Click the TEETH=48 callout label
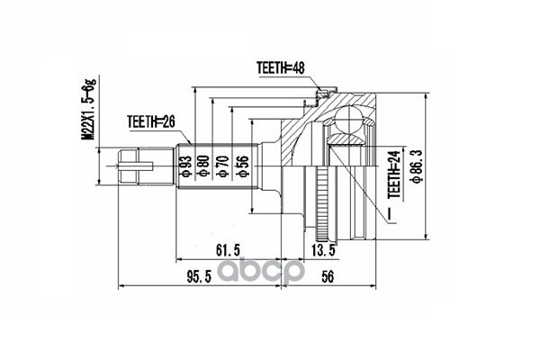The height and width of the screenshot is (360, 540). (280, 68)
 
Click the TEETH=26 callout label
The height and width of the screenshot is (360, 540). (151, 122)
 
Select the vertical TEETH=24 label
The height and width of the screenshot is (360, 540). (395, 174)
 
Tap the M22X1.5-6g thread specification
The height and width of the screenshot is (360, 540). (89, 110)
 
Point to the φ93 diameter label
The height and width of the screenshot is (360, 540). (185, 166)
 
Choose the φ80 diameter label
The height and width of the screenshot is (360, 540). (204, 166)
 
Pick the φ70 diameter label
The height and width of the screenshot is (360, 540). (223, 166)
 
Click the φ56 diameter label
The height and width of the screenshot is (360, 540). (242, 166)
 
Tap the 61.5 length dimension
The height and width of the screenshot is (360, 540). (228, 250)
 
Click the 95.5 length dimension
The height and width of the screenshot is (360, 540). (199, 276)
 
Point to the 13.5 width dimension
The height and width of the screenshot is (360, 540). (323, 250)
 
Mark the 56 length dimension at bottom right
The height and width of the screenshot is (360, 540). (328, 276)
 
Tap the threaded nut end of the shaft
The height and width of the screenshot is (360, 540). (128, 166)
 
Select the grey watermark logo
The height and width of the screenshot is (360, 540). (261, 271)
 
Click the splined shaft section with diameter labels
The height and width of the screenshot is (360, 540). (218, 166)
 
